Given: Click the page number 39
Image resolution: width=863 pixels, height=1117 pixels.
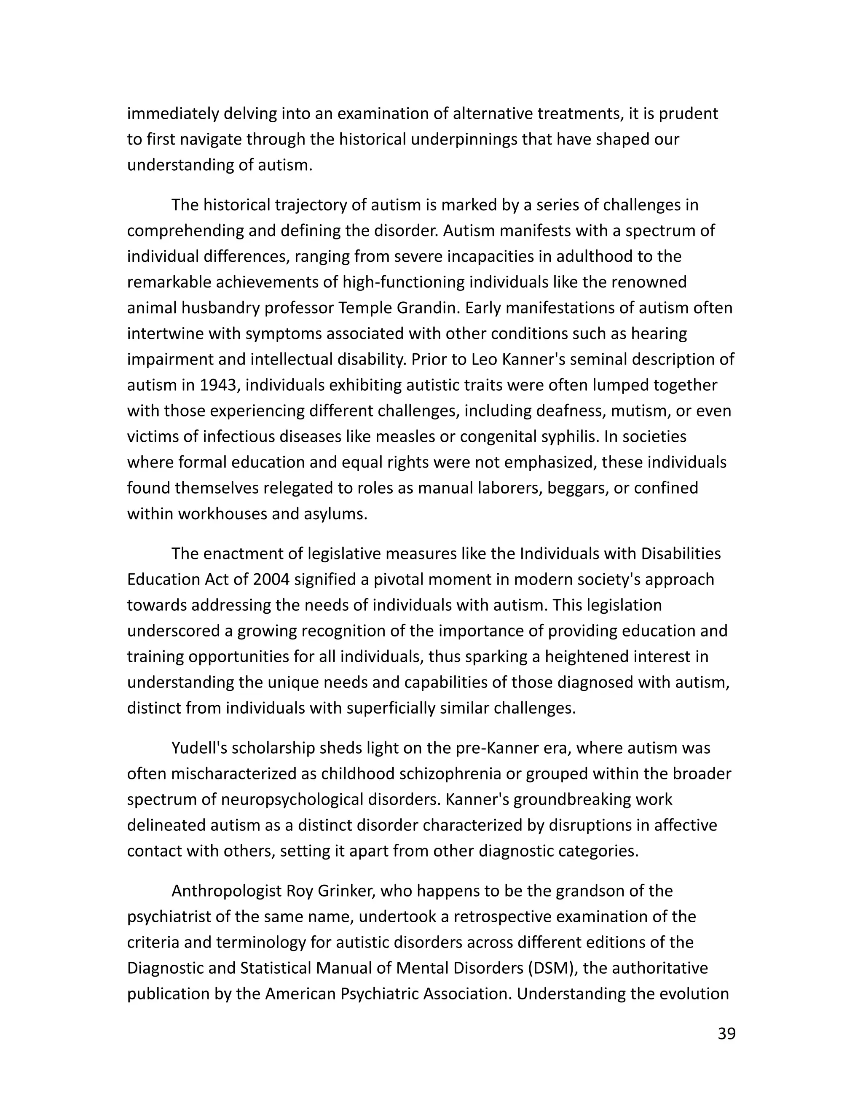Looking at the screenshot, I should coord(726,1034).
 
